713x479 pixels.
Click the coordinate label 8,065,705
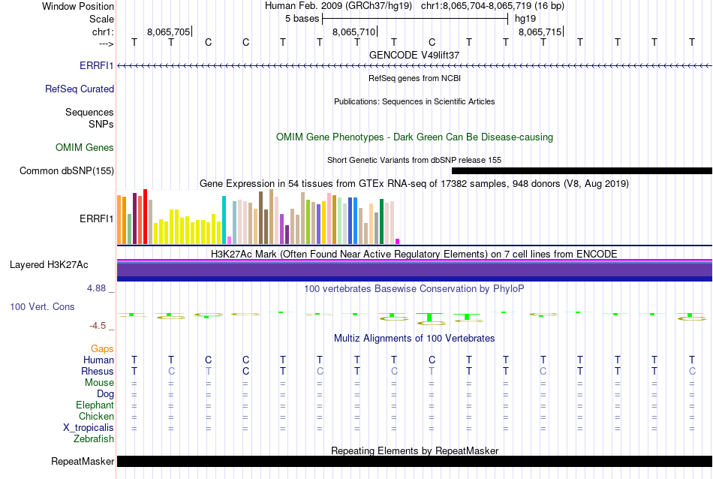(169, 32)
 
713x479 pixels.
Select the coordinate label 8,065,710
(353, 32)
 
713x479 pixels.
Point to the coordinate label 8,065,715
(539, 32)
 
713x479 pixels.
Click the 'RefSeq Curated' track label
(80, 89)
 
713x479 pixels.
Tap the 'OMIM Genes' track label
(85, 147)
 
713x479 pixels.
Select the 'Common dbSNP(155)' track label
(67, 171)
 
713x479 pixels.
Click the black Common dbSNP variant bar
(582, 171)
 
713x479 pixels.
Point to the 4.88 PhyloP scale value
(98, 288)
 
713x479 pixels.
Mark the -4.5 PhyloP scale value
(100, 326)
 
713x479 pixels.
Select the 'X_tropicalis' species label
(89, 427)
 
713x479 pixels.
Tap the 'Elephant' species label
(95, 405)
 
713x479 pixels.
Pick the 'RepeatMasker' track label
(83, 461)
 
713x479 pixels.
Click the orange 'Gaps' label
(102, 348)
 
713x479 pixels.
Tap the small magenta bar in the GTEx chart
(397, 241)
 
